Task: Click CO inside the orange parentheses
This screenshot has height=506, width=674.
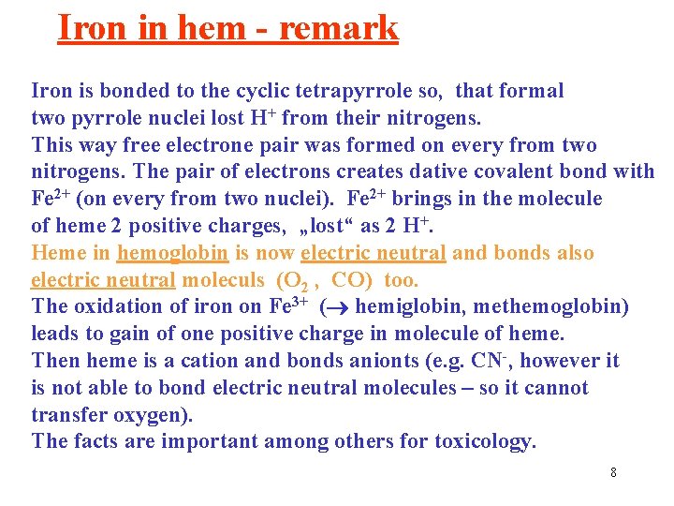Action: tap(347, 280)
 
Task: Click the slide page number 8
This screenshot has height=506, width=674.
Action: tap(613, 472)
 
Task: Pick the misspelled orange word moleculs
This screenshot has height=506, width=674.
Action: tap(224, 280)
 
